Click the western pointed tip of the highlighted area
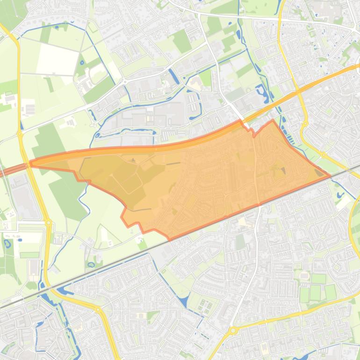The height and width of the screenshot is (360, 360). (30, 164)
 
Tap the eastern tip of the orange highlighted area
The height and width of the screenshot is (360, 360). (330, 176)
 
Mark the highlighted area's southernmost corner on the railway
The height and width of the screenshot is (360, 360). (170, 240)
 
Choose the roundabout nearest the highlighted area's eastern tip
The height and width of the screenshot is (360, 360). (323, 154)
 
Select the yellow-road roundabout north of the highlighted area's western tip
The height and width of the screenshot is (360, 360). (20, 134)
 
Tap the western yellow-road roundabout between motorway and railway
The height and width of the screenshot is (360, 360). (48, 223)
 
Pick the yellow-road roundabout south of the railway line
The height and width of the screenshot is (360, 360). (98, 310)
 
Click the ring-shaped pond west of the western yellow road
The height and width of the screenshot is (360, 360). (7, 243)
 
